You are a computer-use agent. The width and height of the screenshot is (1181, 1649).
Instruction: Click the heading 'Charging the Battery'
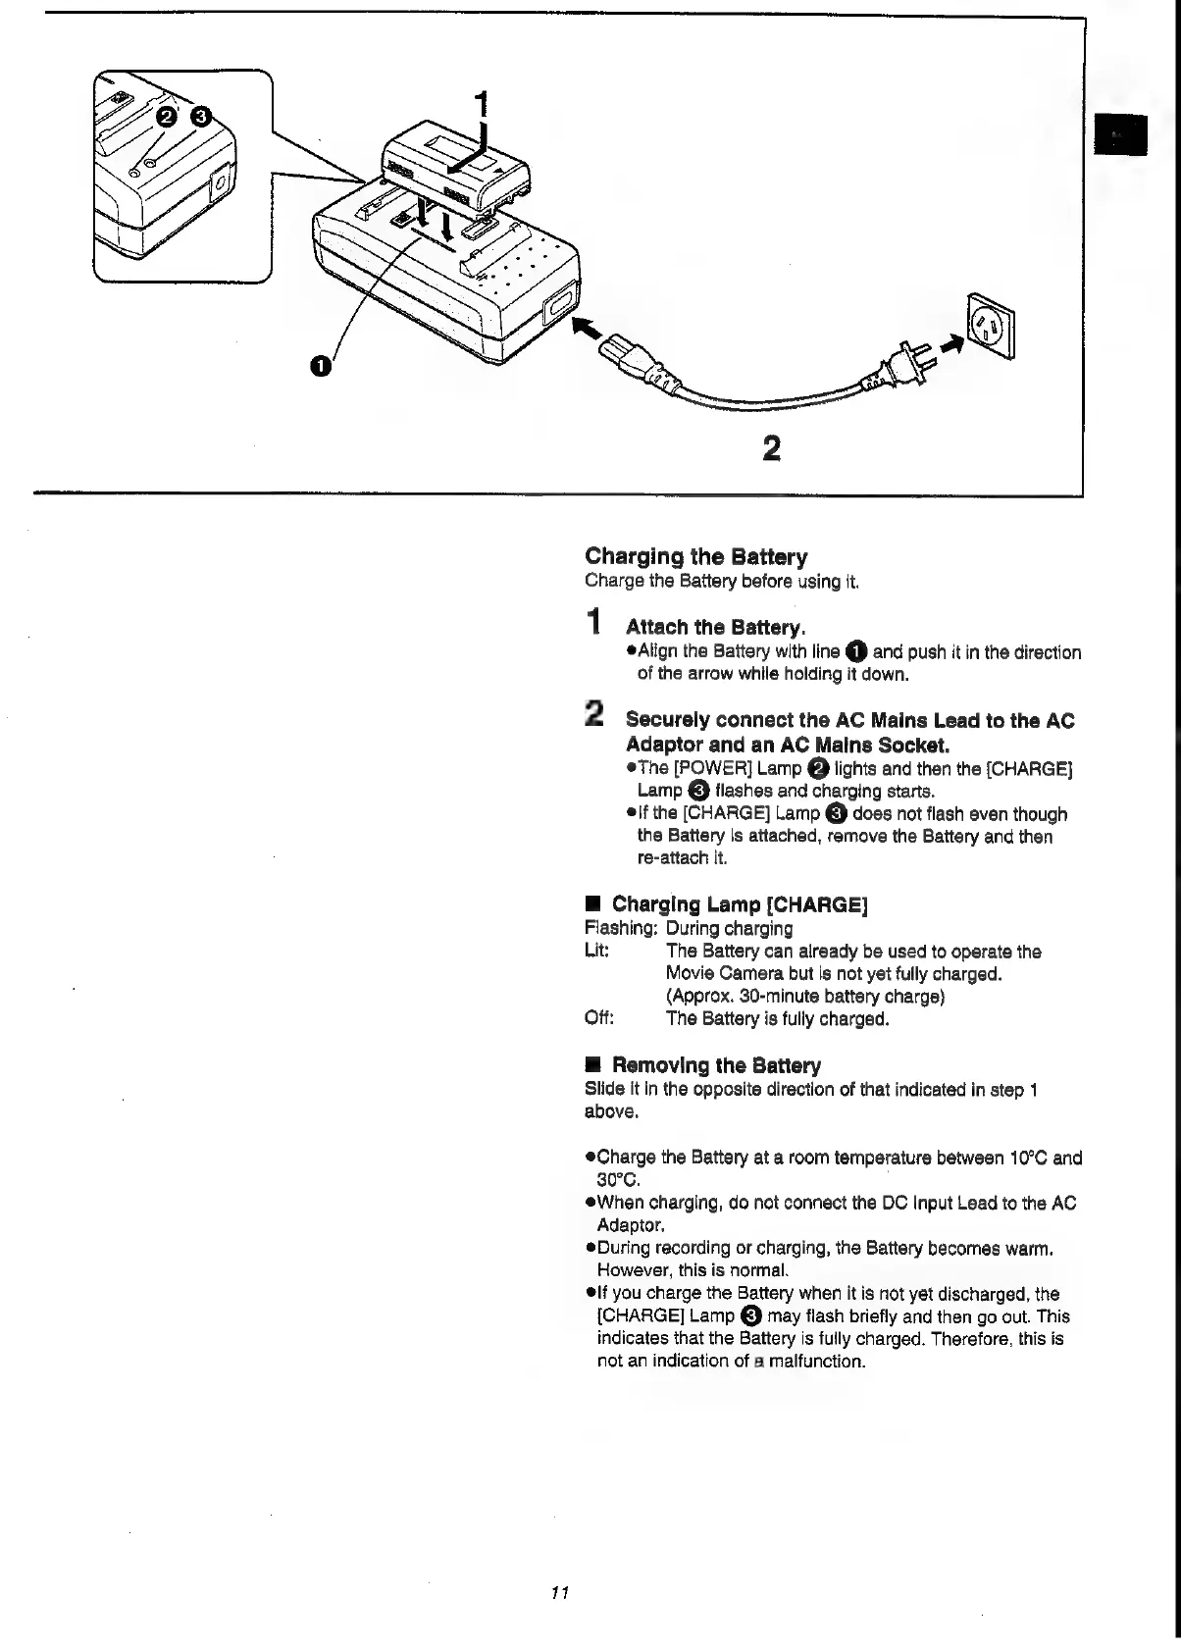click(x=695, y=557)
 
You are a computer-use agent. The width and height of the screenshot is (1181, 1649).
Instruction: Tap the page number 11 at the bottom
click(x=560, y=1592)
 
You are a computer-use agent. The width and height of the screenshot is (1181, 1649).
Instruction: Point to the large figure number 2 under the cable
click(x=771, y=448)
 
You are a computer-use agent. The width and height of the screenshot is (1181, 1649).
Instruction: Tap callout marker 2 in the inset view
click(x=167, y=117)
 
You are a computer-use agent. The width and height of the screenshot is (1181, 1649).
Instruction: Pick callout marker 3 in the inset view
click(x=200, y=117)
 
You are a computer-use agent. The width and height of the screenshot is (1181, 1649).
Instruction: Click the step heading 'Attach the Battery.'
click(x=716, y=627)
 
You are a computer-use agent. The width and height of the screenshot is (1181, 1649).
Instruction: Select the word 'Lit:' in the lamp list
click(x=597, y=951)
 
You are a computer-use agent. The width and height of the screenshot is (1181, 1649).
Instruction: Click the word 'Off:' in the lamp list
click(x=599, y=1018)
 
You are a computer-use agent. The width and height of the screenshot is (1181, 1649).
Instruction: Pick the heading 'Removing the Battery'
click(x=716, y=1065)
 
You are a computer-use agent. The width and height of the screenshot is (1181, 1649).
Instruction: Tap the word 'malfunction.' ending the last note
click(x=817, y=1362)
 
